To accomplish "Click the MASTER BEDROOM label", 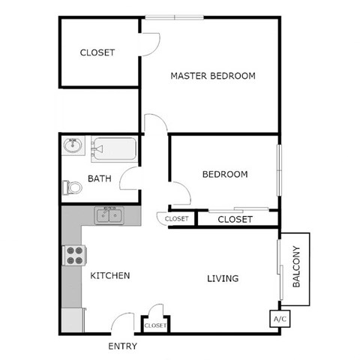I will (x=213, y=76).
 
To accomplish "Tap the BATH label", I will (x=100, y=178).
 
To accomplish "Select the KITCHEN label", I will (x=110, y=275).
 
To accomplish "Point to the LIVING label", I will (x=222, y=278).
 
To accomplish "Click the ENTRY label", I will (x=123, y=347).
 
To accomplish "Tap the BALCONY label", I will (x=296, y=268).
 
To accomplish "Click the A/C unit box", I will (x=280, y=319).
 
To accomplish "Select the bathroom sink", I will (x=73, y=145).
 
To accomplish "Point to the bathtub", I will (x=114, y=149).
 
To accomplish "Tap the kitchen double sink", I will (x=109, y=216).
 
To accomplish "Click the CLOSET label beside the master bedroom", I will (x=97, y=52).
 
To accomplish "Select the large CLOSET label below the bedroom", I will (x=235, y=219).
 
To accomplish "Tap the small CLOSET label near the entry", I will (x=154, y=325).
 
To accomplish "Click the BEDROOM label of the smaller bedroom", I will (x=225, y=174).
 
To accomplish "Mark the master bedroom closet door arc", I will (x=150, y=43).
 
